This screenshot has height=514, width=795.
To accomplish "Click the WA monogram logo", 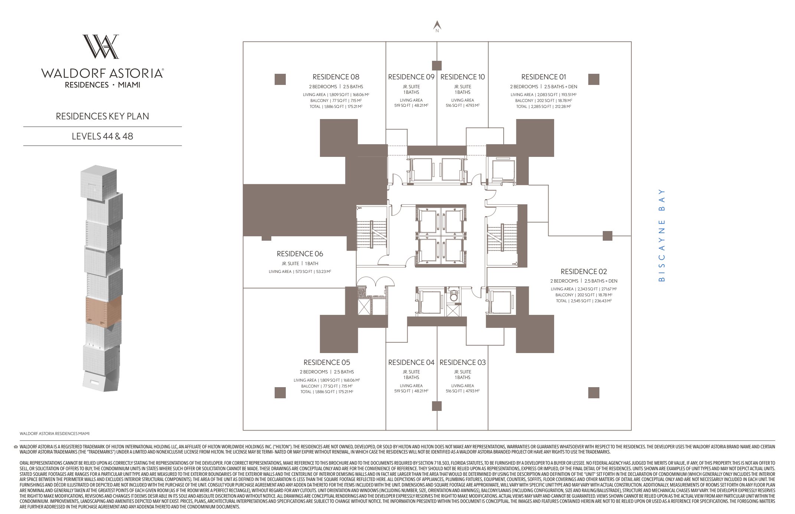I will [x=101, y=47].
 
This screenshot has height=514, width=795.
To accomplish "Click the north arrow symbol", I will [x=437, y=26].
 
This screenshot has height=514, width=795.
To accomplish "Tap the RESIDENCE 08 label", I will [x=336, y=77].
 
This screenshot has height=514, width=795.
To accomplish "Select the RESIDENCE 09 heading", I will [x=411, y=77].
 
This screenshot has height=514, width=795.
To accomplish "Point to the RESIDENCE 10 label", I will [x=462, y=77].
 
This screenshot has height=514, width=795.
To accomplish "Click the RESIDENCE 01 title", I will [x=543, y=77].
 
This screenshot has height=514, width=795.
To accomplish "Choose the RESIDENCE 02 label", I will [x=583, y=271].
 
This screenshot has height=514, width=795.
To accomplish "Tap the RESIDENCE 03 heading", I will [x=462, y=362].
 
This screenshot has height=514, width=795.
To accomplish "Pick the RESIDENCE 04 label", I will [x=411, y=362].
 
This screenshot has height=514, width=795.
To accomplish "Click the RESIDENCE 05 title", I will [x=327, y=362].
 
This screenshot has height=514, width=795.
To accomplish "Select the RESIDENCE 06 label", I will [x=300, y=254].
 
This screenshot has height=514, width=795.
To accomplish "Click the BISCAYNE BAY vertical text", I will [x=661, y=235].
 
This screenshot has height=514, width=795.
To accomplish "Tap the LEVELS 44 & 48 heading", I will [x=102, y=136].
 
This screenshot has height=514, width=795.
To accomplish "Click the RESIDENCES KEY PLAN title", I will [x=102, y=116].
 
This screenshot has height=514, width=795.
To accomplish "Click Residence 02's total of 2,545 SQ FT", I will [x=583, y=301].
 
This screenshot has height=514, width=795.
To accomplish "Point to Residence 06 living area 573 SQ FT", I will [x=300, y=271].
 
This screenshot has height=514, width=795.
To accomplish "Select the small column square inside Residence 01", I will [x=593, y=79].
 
